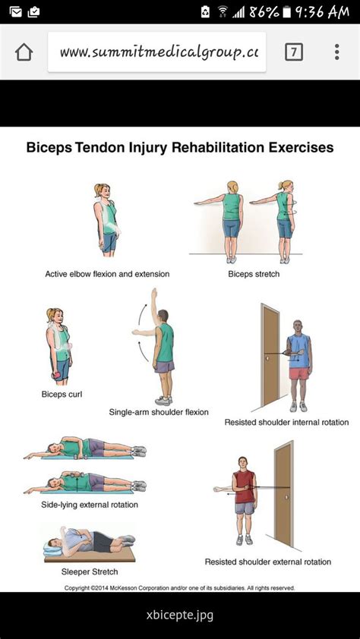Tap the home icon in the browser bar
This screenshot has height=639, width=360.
(24, 52)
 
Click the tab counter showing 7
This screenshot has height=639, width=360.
(294, 52)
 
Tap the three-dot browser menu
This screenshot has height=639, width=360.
(336, 52)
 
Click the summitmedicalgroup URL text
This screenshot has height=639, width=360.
(159, 52)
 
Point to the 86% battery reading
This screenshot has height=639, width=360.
(264, 12)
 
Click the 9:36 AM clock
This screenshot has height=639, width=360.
(322, 11)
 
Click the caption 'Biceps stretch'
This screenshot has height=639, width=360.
(254, 274)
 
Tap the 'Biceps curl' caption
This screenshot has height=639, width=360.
(62, 395)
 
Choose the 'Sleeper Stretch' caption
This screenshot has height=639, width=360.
(90, 571)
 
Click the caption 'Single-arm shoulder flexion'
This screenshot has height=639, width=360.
(159, 412)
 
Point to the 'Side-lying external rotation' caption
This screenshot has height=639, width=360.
(90, 505)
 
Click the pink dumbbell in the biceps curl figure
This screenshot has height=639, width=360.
(56, 374)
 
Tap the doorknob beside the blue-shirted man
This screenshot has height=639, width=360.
(267, 358)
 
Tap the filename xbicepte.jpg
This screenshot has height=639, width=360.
(180, 615)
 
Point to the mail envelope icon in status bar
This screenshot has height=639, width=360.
(15, 12)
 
